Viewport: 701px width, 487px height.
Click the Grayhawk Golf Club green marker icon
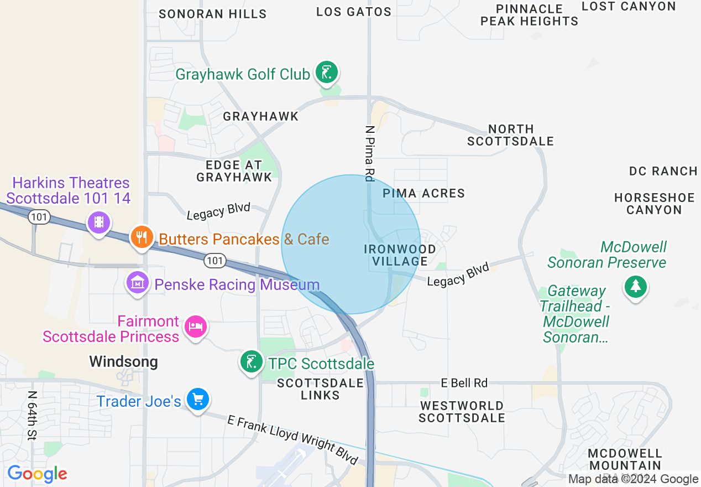(327, 72)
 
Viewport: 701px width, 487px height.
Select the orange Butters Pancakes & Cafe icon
(142, 237)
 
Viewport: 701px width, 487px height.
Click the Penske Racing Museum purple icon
(138, 283)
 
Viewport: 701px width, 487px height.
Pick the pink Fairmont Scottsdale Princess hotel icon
(195, 327)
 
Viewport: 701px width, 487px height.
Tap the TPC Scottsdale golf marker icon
(252, 362)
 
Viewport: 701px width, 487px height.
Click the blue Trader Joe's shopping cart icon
(197, 400)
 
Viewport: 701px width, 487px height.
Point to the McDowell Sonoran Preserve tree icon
(636, 287)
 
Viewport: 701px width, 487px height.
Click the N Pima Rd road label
(369, 153)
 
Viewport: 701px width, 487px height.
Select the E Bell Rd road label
(464, 382)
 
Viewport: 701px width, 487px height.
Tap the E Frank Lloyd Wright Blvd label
(293, 440)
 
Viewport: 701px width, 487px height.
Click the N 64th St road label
(32, 416)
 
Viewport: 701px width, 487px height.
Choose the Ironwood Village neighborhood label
(400, 255)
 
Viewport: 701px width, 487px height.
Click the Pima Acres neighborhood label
(423, 193)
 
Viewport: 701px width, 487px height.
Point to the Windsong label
(123, 362)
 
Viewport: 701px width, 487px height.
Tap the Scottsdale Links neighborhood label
(321, 389)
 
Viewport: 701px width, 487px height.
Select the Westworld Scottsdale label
(462, 412)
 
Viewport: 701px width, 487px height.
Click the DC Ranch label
(663, 171)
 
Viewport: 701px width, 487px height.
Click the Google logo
(37, 474)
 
